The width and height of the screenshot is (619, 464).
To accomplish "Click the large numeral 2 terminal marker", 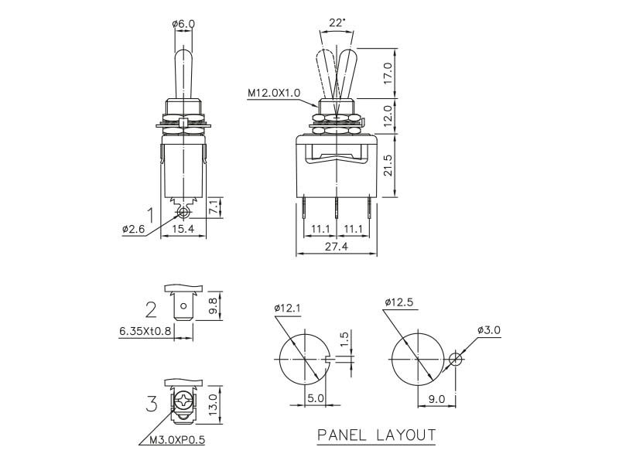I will point(152,310).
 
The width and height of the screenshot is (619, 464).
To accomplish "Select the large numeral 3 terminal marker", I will point(152,404).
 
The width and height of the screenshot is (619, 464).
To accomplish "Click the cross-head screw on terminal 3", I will point(184,402).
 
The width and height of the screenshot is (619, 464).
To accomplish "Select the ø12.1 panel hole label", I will point(287,308).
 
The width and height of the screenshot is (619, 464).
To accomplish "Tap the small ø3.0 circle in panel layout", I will point(456,360).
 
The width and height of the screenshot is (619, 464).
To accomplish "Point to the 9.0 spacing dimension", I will point(437,400).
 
